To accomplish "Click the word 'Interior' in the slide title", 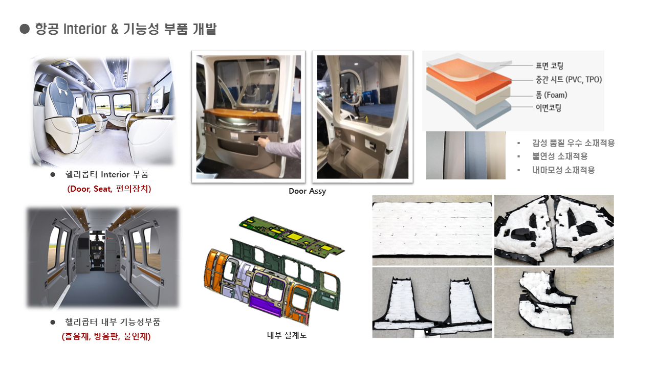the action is pyautogui.click(x=85, y=29).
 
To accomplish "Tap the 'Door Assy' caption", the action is pyautogui.click(x=307, y=191).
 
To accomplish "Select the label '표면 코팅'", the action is pyautogui.click(x=550, y=66).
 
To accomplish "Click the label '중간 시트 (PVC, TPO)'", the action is pyautogui.click(x=569, y=79).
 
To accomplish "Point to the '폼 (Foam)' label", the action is pyautogui.click(x=552, y=95).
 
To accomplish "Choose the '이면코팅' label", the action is pyautogui.click(x=549, y=108).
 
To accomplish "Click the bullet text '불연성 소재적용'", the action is pyautogui.click(x=560, y=156).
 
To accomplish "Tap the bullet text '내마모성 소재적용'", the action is pyautogui.click(x=563, y=170).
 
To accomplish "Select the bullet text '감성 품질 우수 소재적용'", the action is pyautogui.click(x=574, y=143).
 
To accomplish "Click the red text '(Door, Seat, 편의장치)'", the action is pyautogui.click(x=109, y=189).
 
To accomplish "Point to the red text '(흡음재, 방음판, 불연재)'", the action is pyautogui.click(x=106, y=336).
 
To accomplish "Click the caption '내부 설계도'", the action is pyautogui.click(x=287, y=335).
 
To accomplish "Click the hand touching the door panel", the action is pyautogui.click(x=265, y=142).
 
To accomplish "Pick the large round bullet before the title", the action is pyautogui.click(x=25, y=29).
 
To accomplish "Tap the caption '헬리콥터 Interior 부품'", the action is pyautogui.click(x=107, y=175).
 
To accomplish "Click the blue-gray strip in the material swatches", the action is pyautogui.click(x=475, y=155).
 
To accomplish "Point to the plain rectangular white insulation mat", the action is pyautogui.click(x=432, y=229).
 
